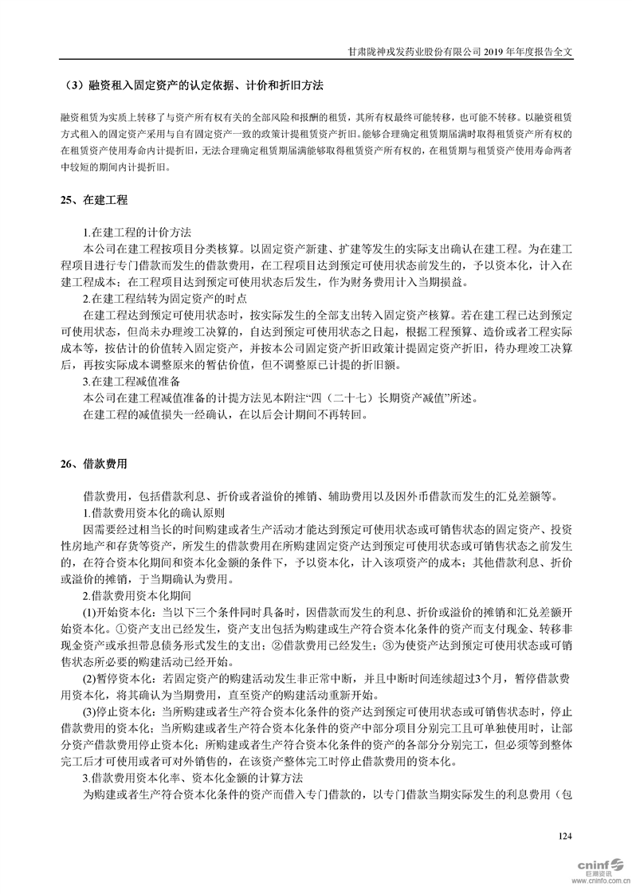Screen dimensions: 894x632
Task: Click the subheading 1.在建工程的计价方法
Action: pyautogui.click(x=137, y=233)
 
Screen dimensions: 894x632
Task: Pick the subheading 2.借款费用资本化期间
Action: pyautogui.click(x=137, y=595)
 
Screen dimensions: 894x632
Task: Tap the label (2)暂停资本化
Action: pyautogui.click(x=122, y=678)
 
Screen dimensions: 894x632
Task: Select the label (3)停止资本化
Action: pyautogui.click(x=122, y=712)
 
